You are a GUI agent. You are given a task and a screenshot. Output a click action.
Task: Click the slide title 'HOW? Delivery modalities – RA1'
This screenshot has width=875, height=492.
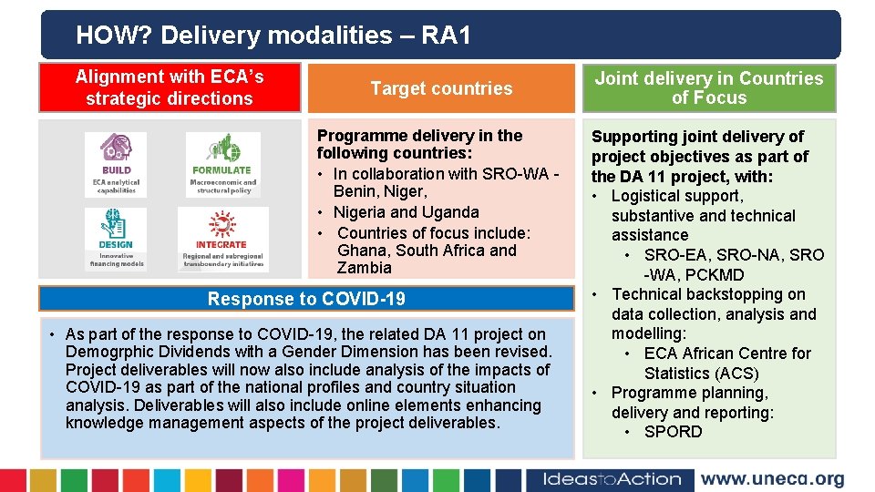point(273,36)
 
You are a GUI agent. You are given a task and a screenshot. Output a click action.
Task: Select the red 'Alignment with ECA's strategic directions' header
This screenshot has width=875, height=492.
point(170,88)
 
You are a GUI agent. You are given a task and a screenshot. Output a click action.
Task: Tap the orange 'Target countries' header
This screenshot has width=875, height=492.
point(441,88)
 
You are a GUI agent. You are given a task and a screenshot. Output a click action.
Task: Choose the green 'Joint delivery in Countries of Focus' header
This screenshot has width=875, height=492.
point(708,88)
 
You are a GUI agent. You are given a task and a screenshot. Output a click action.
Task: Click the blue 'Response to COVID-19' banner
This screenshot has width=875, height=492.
point(306,299)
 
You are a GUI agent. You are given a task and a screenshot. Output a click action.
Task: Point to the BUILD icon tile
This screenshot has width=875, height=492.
point(116,163)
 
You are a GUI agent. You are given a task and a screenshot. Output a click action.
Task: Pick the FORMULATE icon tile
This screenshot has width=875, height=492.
point(222,163)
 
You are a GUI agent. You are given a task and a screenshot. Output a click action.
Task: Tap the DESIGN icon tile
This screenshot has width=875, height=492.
point(116,238)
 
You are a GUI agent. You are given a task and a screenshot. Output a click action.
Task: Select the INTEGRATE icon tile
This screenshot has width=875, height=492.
point(221,238)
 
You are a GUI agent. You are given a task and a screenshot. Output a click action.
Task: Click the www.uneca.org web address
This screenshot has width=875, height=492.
point(772,479)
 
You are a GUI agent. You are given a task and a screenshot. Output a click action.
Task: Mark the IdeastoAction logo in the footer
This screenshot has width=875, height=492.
point(612,479)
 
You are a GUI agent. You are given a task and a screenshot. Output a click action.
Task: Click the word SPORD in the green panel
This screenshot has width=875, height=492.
point(673,432)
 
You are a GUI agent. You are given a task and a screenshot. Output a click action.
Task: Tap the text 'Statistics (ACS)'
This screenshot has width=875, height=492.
point(701,374)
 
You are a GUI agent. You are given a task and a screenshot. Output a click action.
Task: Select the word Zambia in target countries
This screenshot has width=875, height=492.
point(364,268)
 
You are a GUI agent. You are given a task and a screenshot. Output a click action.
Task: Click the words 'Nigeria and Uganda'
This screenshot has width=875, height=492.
point(406,212)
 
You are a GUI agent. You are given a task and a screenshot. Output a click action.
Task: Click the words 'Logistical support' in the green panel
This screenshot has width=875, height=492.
point(676,196)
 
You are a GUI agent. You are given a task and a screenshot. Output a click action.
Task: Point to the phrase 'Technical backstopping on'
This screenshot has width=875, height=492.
point(708,294)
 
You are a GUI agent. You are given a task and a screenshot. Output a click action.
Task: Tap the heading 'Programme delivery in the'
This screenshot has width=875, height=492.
point(419,136)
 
